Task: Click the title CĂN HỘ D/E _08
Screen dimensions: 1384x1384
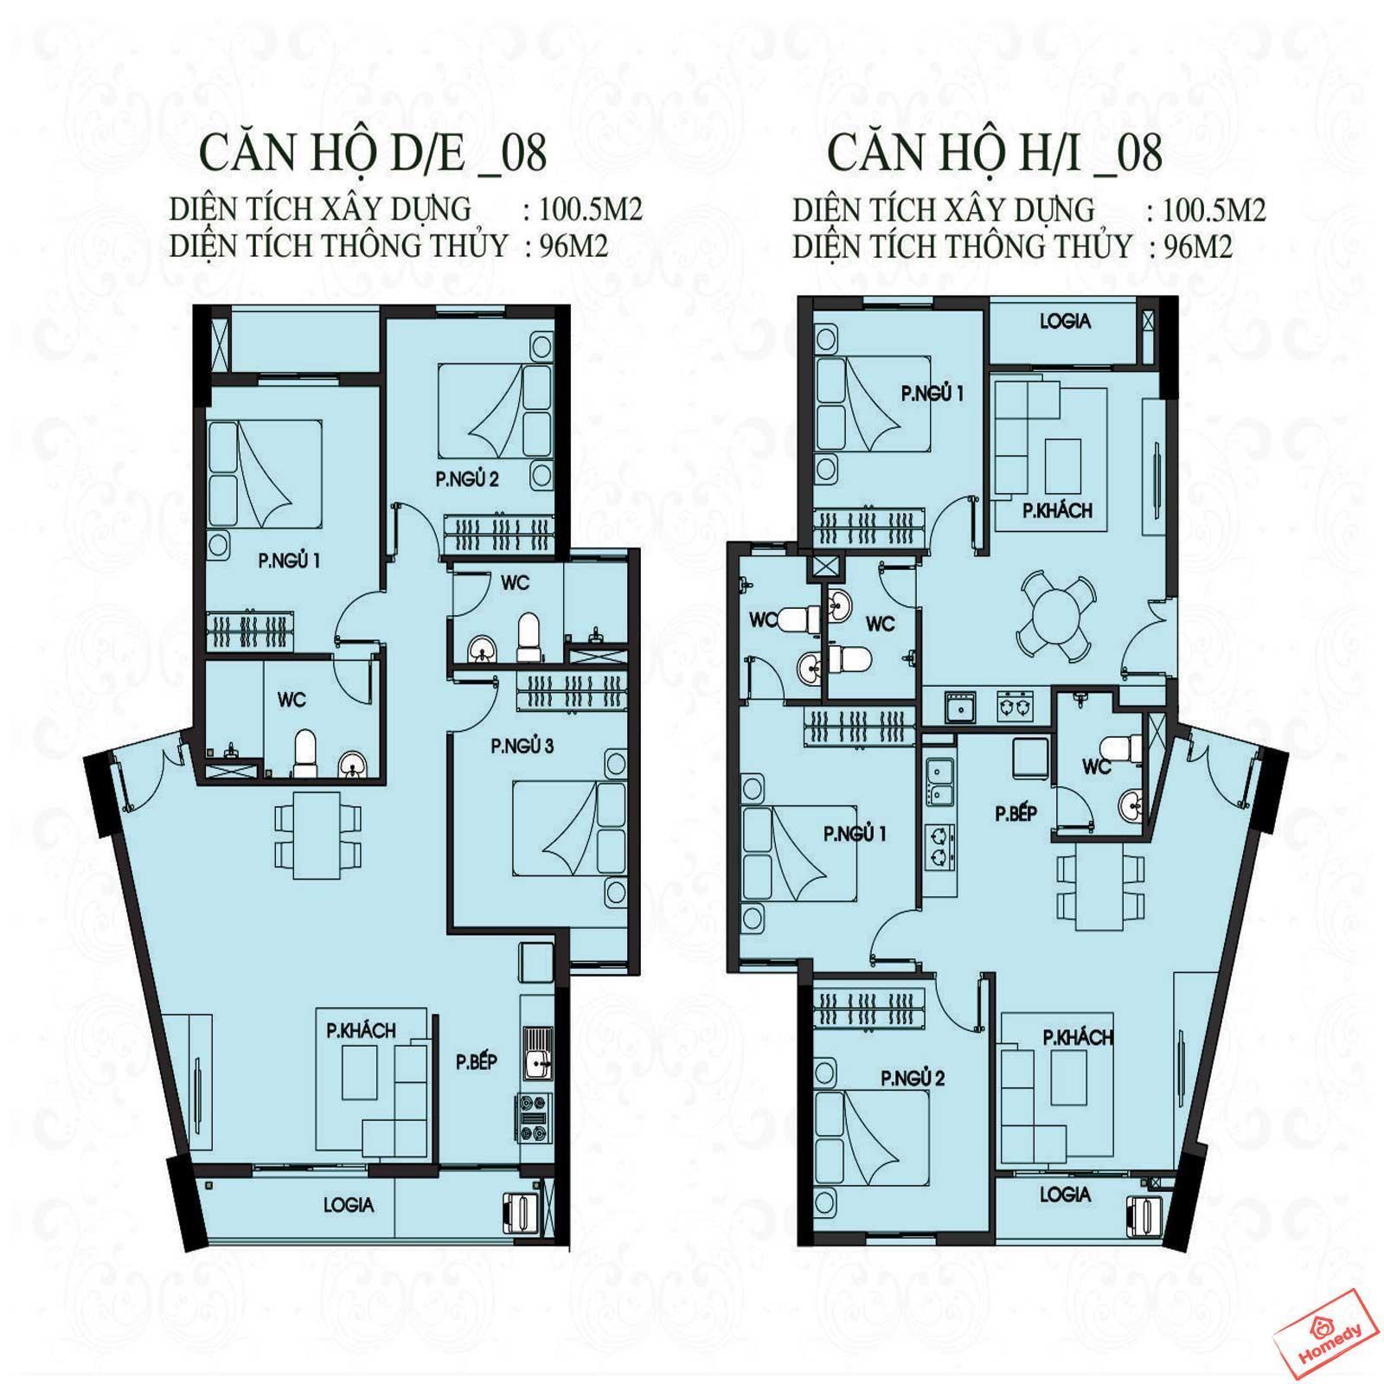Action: click(x=374, y=154)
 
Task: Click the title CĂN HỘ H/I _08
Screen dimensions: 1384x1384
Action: click(x=995, y=154)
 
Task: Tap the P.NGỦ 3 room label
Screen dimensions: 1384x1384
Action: click(x=522, y=746)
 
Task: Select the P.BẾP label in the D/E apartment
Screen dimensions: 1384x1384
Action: click(x=477, y=1061)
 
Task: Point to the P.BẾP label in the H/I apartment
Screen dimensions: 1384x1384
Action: click(x=1016, y=813)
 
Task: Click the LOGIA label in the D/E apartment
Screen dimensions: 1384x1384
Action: click(x=349, y=1204)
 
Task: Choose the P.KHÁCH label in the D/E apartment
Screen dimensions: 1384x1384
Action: click(x=361, y=1030)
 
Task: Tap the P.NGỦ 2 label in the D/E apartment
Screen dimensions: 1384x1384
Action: click(x=468, y=479)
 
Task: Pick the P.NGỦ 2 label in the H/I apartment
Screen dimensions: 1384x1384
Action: click(x=913, y=1078)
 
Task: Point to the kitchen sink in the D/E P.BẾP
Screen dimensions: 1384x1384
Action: click(x=537, y=1054)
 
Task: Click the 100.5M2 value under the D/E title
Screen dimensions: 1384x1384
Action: click(x=590, y=210)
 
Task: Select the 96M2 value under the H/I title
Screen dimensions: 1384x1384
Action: click(x=1198, y=247)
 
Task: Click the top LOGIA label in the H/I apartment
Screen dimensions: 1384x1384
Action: click(x=1065, y=321)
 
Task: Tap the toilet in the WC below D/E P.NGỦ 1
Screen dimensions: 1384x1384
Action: click(x=304, y=752)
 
